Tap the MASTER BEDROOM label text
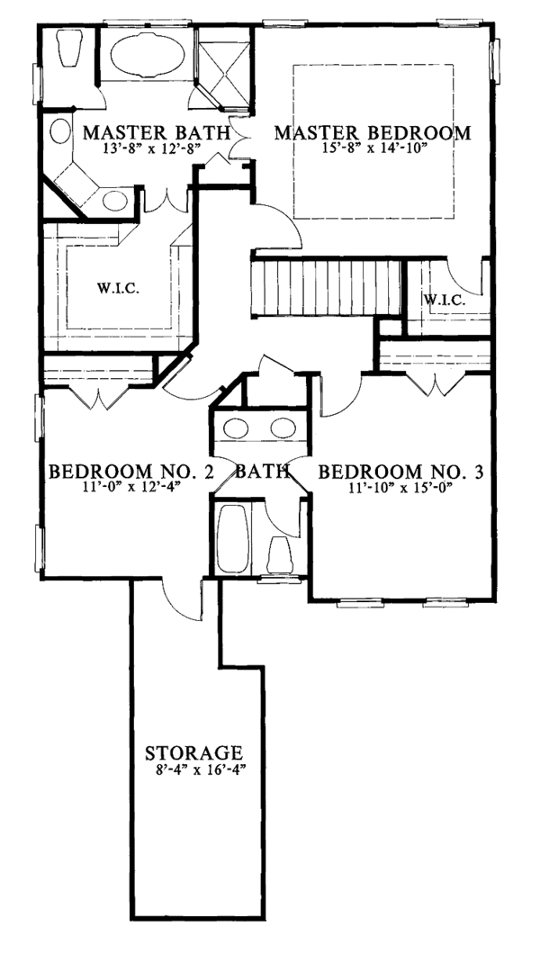tap(372, 133)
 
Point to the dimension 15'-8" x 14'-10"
tap(372, 149)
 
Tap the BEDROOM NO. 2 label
tap(130, 472)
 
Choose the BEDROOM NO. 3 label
tap(397, 472)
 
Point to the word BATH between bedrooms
tap(262, 472)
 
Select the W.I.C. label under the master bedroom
tap(444, 300)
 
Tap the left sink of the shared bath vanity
tap(236, 426)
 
